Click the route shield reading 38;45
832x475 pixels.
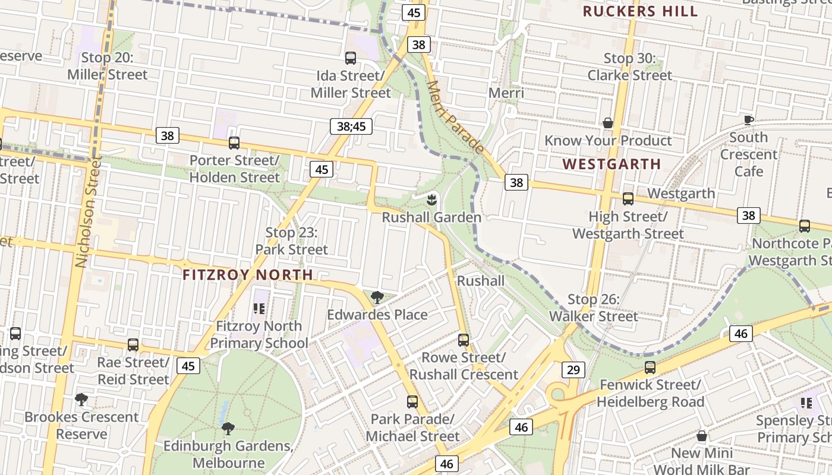pyautogui.click(x=351, y=126)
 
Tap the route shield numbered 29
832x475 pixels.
pyautogui.click(x=573, y=370)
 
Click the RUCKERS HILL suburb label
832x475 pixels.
pyautogui.click(x=640, y=11)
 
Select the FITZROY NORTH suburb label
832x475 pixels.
pyautogui.click(x=247, y=275)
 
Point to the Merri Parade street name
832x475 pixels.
pyautogui.click(x=455, y=118)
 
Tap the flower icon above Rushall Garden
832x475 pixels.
pyautogui.click(x=432, y=197)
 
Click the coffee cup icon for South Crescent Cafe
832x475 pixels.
pyautogui.click(x=749, y=120)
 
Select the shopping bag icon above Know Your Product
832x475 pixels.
pyautogui.click(x=608, y=123)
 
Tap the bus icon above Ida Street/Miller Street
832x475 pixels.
pyautogui.click(x=351, y=58)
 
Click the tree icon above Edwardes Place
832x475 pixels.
pyautogui.click(x=377, y=297)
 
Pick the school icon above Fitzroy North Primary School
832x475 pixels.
pyautogui.click(x=259, y=308)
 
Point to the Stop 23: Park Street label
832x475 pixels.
pyautogui.click(x=291, y=241)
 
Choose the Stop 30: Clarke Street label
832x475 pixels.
pyautogui.click(x=630, y=66)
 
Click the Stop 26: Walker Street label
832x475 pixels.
pyautogui.click(x=593, y=308)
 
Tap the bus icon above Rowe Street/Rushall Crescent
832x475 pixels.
pyautogui.click(x=464, y=340)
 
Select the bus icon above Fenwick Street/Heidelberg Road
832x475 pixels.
pyautogui.click(x=650, y=368)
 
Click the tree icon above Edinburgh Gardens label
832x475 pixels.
pyautogui.click(x=228, y=428)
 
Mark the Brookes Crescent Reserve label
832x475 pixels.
pyautogui.click(x=81, y=425)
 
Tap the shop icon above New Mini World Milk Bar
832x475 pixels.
pyautogui.click(x=702, y=436)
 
